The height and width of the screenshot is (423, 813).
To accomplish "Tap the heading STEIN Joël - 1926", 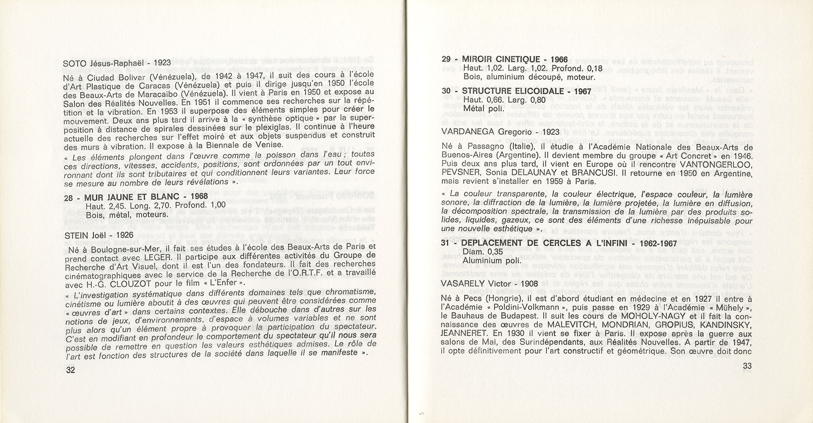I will [99, 235].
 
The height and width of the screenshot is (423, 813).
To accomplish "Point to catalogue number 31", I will [445, 243].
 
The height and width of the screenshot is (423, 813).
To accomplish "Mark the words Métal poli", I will [483, 108].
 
